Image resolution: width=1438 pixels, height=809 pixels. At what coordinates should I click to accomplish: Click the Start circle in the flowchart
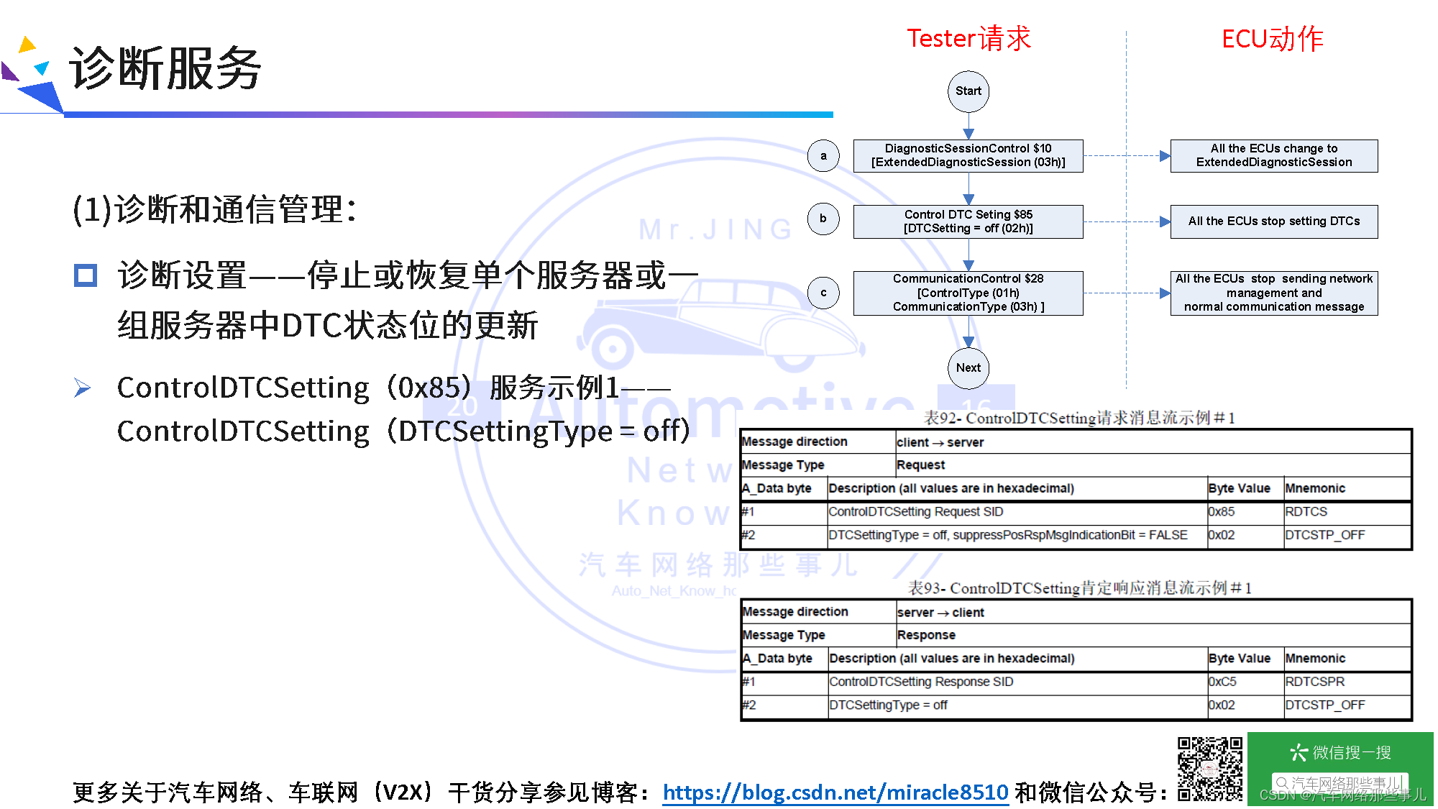(968, 91)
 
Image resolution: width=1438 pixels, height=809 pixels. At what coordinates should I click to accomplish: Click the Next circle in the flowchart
(968, 368)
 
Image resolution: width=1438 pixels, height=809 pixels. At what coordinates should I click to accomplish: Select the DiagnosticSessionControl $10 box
(968, 155)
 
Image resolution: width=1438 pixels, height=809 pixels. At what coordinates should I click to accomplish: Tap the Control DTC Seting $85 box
(968, 221)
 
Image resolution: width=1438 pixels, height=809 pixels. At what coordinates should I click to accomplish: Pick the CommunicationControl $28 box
(968, 293)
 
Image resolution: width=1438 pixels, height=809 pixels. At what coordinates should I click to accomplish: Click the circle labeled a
(823, 155)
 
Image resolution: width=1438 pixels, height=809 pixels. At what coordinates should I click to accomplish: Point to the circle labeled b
(823, 219)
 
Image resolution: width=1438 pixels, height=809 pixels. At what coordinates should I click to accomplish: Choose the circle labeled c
(823, 293)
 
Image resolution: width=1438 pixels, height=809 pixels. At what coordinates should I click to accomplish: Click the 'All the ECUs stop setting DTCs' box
(1273, 221)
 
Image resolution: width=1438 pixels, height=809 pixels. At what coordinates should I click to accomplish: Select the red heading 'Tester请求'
(968, 38)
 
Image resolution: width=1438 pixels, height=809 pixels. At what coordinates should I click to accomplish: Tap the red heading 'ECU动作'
(1272, 38)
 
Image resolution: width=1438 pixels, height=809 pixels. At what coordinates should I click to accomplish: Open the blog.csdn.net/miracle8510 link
(835, 792)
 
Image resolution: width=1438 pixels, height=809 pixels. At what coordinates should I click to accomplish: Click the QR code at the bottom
(1209, 769)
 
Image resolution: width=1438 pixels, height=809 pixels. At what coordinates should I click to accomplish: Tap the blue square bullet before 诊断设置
(86, 275)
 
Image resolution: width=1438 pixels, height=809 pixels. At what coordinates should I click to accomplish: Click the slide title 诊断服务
(165, 68)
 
